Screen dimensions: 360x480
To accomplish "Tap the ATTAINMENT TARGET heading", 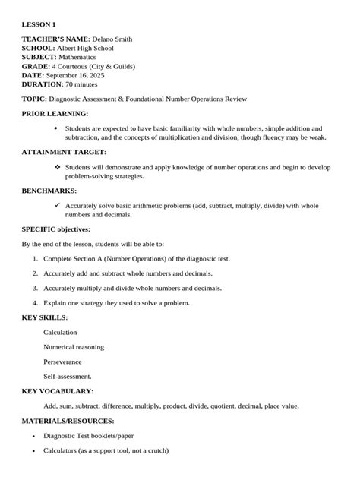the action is (x=64, y=152).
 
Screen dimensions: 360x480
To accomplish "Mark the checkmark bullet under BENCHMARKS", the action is (x=57, y=205).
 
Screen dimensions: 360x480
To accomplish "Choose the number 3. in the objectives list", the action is (x=35, y=288).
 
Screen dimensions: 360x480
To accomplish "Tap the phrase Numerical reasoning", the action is (x=74, y=347).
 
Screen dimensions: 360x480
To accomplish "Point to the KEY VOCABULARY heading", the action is (x=57, y=391).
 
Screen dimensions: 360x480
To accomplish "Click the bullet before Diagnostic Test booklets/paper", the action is (x=34, y=436).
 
